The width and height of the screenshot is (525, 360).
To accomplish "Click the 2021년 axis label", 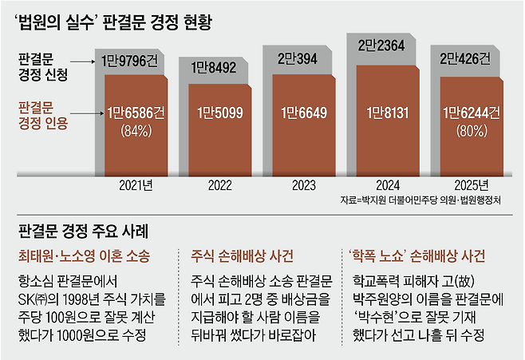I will coord(136,185).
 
